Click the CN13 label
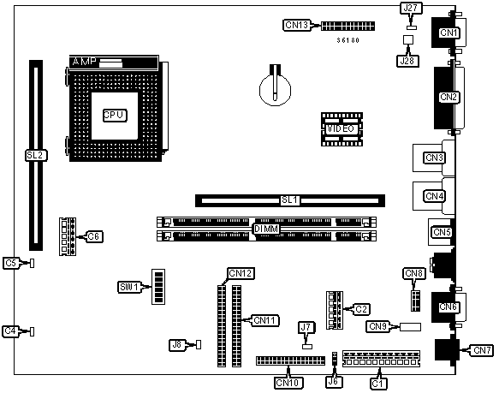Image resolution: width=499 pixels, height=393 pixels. coord(297,25)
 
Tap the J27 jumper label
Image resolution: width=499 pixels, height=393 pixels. coord(412,9)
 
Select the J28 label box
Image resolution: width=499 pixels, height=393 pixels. coord(407,61)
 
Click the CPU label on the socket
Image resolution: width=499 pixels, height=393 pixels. coord(115,116)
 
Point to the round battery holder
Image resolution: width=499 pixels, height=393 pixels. coord(276,90)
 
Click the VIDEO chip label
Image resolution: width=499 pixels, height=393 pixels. coord(342,129)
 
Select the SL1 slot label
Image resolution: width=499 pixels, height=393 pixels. coord(290,200)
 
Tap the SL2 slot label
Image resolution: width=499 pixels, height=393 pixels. coord(36,156)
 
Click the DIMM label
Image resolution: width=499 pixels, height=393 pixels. coord(267,229)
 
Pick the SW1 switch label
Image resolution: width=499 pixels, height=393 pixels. coord(129,288)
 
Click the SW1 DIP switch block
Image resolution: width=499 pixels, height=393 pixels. coord(158,287)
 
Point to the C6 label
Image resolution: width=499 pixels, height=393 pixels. coord(94,236)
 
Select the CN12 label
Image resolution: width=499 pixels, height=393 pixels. coord(241,274)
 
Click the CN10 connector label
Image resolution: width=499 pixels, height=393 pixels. coord(288,383)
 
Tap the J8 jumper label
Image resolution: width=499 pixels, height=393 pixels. coord(177,345)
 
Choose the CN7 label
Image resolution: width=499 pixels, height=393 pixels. coord(483,350)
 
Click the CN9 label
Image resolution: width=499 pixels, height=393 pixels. coord(377,327)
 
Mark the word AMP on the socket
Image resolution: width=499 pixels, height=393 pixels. coord(84,62)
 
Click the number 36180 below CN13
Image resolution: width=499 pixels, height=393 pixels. coord(348,40)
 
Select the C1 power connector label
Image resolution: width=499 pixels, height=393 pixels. coord(378,384)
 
